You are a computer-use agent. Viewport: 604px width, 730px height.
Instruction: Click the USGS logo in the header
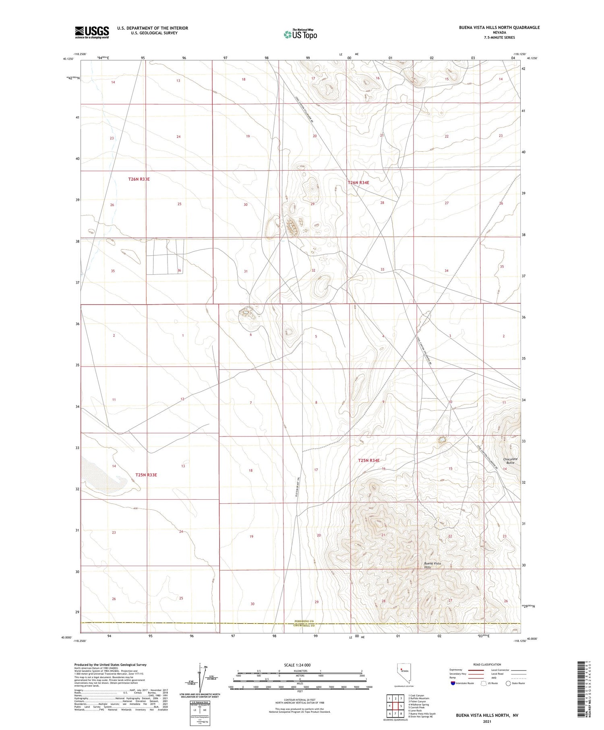(x=92, y=32)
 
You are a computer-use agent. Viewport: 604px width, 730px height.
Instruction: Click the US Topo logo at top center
(x=300, y=34)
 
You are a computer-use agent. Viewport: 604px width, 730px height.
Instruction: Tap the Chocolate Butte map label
(x=510, y=461)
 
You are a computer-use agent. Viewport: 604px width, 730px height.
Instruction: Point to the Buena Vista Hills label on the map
(x=432, y=565)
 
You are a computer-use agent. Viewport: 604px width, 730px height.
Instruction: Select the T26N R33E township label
(x=139, y=179)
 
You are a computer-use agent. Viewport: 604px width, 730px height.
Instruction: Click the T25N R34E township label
(x=369, y=460)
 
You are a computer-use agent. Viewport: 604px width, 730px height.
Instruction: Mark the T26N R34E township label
(x=358, y=182)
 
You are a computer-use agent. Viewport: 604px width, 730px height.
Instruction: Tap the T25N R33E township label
(x=146, y=475)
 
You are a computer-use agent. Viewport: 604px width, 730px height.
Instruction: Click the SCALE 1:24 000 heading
(x=297, y=665)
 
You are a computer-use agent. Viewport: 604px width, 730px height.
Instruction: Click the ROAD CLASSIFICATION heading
(x=487, y=664)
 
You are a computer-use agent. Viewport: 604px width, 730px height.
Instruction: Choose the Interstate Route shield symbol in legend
(x=453, y=683)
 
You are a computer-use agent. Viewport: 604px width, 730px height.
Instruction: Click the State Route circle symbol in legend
(x=508, y=683)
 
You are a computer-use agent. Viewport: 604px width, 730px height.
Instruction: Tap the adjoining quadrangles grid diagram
(x=395, y=705)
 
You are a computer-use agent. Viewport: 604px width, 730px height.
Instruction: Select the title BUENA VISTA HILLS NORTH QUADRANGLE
(x=499, y=27)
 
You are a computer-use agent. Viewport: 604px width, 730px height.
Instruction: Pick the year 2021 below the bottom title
(x=487, y=721)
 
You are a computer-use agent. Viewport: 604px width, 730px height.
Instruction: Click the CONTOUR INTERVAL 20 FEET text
(x=300, y=700)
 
